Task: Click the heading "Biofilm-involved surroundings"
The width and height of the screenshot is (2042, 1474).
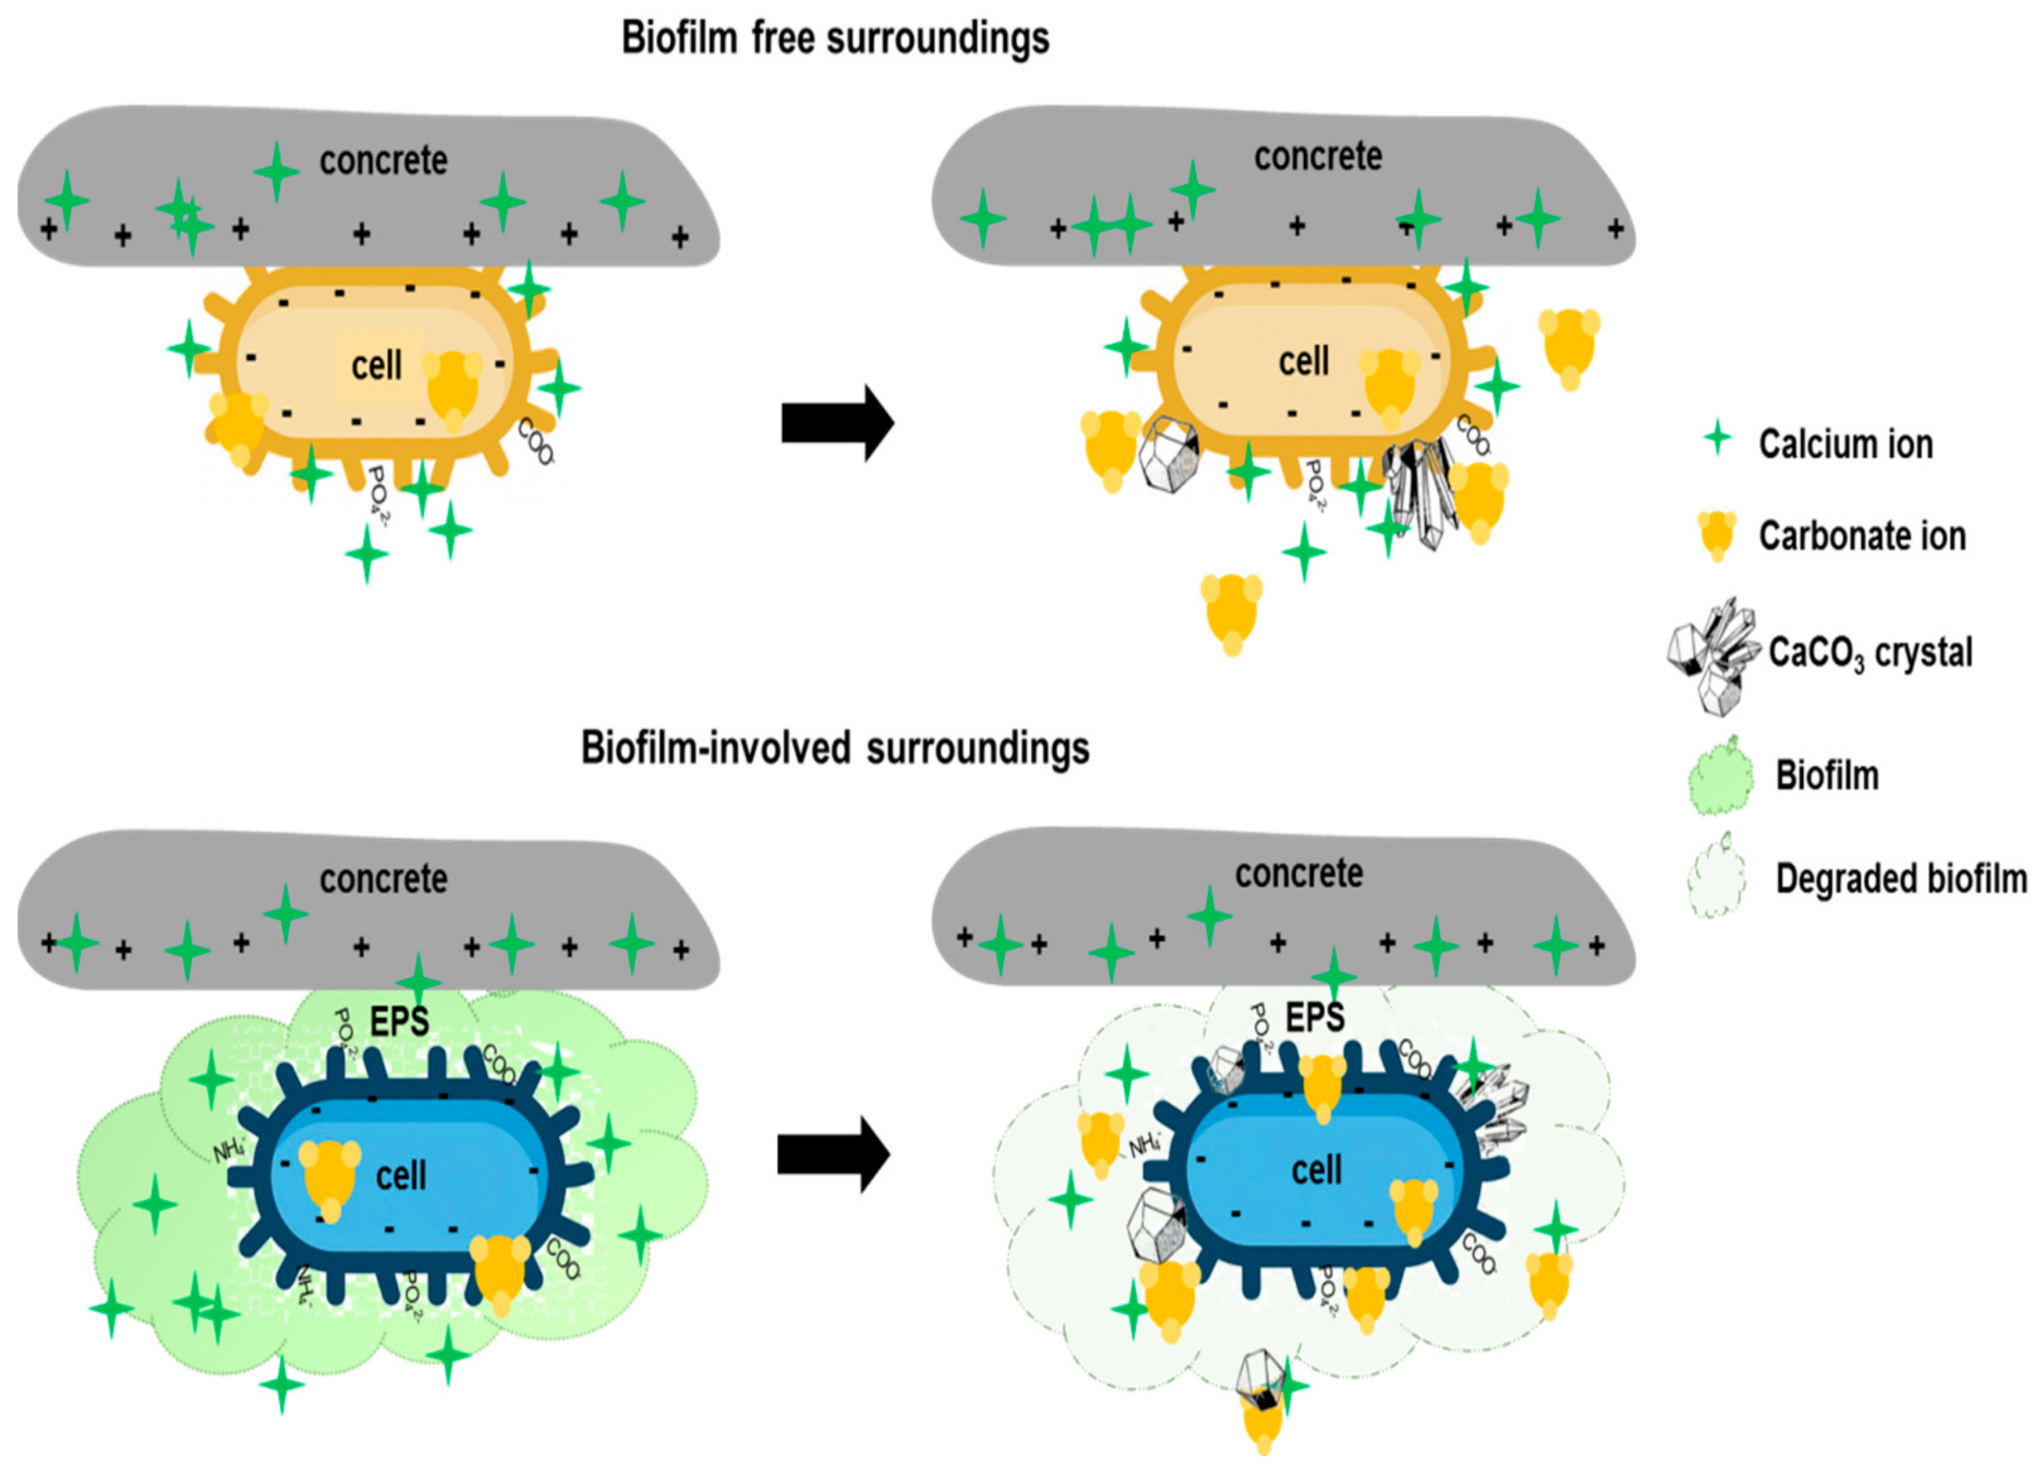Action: tap(835, 748)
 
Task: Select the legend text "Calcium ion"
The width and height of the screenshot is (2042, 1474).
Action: tap(1845, 444)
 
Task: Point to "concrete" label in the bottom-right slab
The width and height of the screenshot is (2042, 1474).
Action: tap(1298, 873)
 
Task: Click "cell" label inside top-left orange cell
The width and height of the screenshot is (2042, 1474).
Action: tap(376, 365)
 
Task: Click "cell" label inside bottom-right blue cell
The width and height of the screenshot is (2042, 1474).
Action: tap(1316, 1170)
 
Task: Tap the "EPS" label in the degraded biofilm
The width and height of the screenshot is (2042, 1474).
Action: tap(1314, 1018)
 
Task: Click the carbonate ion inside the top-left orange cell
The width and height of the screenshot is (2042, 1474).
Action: tap(453, 389)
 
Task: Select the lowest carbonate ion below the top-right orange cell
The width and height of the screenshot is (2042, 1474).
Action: tap(1231, 612)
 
